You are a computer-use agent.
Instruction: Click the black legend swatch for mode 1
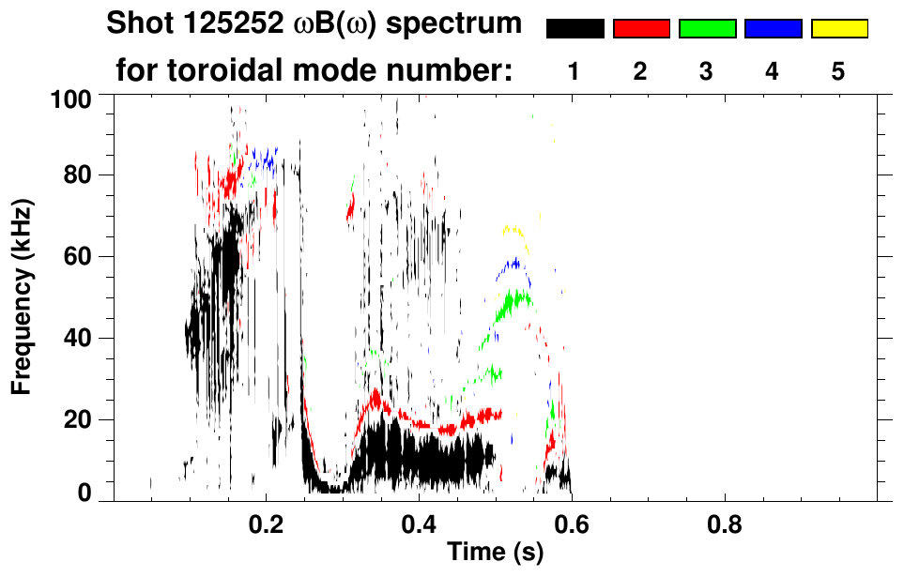tap(575, 29)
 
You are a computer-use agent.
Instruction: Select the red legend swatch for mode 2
tap(641, 29)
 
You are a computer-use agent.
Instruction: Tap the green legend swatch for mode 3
tap(707, 29)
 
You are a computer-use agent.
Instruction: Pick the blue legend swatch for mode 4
tap(773, 29)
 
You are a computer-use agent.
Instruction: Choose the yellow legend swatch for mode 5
tap(838, 29)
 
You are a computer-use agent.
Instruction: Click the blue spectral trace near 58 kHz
tap(511, 266)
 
